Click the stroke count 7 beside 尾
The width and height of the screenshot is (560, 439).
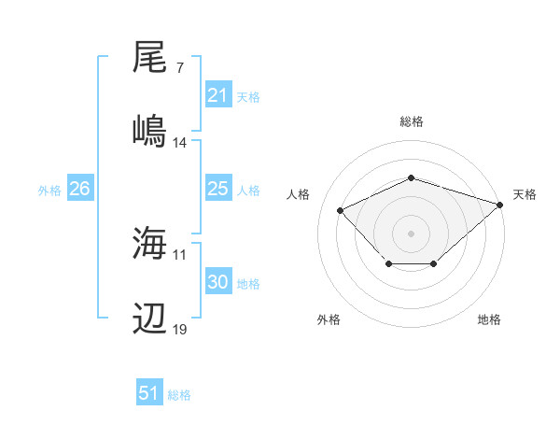[179, 69]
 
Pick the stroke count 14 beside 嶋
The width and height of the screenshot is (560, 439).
[180, 143]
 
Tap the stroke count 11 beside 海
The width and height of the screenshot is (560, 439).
[180, 254]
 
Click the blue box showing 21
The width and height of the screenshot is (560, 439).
[217, 95]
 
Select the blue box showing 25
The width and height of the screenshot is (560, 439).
[217, 189]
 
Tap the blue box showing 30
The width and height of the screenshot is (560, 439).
[217, 282]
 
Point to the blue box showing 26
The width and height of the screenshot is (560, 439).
[79, 189]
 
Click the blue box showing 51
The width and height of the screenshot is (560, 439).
[149, 393]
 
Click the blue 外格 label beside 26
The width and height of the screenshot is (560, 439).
[49, 191]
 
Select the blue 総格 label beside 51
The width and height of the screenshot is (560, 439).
[179, 395]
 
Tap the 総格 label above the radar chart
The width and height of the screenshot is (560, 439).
[411, 121]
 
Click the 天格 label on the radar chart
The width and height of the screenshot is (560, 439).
[525, 194]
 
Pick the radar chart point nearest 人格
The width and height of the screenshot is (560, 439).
[341, 211]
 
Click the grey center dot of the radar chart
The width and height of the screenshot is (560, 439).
[411, 233]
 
